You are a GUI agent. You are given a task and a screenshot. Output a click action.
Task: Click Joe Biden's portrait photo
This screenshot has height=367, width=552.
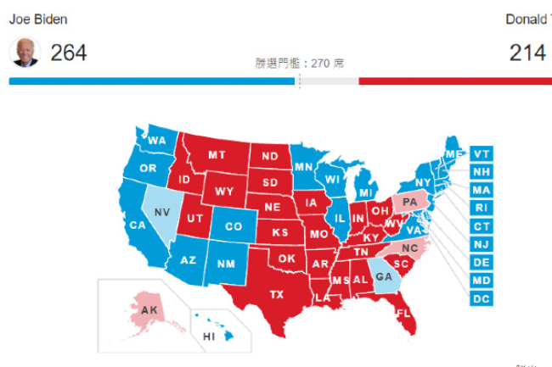25,53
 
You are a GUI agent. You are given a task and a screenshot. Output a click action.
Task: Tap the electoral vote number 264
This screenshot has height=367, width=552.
68,53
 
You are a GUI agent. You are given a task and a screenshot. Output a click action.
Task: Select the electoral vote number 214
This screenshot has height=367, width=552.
527,53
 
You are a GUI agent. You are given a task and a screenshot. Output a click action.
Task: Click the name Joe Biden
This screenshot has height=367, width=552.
38,19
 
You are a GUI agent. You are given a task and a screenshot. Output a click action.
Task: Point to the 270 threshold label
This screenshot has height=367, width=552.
299,64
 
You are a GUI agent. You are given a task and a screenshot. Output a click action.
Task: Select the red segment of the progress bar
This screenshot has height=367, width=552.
454,81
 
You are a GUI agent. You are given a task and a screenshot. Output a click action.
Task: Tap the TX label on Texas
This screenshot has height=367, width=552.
277,294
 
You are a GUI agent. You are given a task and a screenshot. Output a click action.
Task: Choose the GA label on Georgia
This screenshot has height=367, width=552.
384,276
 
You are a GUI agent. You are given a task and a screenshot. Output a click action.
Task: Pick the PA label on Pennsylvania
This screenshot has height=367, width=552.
410,202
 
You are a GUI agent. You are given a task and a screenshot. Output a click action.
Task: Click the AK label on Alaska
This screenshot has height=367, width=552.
149,310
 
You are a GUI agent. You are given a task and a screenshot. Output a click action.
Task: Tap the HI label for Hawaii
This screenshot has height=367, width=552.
209,336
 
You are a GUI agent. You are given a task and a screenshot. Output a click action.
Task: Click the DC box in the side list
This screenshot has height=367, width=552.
482,298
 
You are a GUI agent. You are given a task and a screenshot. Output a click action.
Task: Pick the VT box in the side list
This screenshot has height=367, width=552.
482,153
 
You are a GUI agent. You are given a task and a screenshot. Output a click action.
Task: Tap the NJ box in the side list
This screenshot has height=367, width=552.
482,244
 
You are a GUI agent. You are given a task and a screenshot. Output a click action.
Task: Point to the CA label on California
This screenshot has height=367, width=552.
137,225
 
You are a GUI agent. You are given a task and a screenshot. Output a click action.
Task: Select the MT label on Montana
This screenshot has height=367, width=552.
217,155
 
